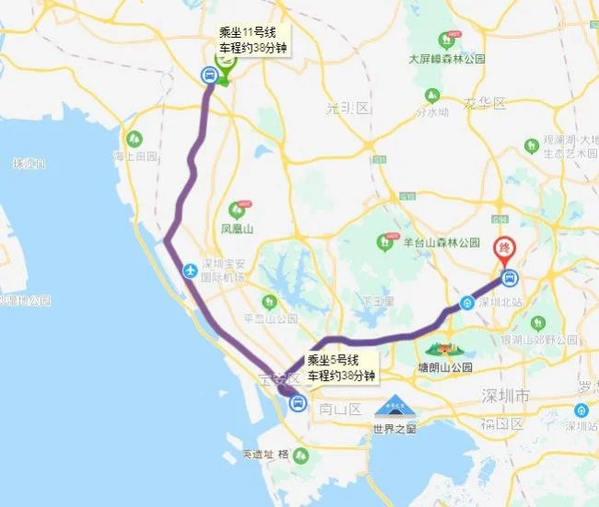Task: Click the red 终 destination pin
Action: (504, 248)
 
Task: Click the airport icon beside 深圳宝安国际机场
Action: (191, 271)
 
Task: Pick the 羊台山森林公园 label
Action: (441, 243)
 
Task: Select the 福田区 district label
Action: (504, 424)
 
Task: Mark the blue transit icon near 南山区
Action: (298, 402)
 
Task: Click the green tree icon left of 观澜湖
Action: (531, 145)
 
